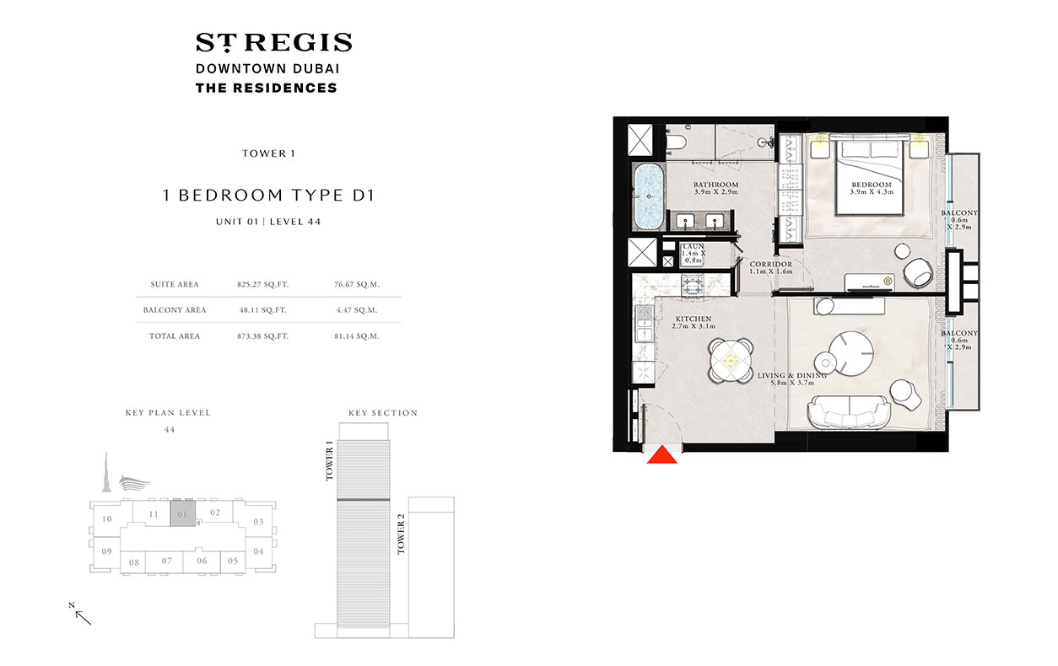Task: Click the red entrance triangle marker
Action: tap(661, 455)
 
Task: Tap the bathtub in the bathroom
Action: tap(649, 196)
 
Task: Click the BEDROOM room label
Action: tap(872, 185)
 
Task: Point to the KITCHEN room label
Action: tap(693, 319)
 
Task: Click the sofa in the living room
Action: tap(848, 412)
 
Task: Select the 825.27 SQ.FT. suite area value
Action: tap(262, 285)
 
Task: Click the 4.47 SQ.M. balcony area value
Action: tap(357, 310)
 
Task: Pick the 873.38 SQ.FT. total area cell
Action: tap(262, 336)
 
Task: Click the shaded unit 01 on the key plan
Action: tap(183, 513)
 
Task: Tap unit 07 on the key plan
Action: tap(166, 561)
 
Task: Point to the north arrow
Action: tap(83, 617)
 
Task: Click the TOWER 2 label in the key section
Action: tap(401, 534)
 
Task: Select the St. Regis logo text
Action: tap(274, 42)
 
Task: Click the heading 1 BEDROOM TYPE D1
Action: tap(268, 195)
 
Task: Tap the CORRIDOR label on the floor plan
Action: tap(771, 265)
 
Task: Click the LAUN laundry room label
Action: tap(694, 246)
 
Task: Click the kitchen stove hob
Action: tap(693, 286)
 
